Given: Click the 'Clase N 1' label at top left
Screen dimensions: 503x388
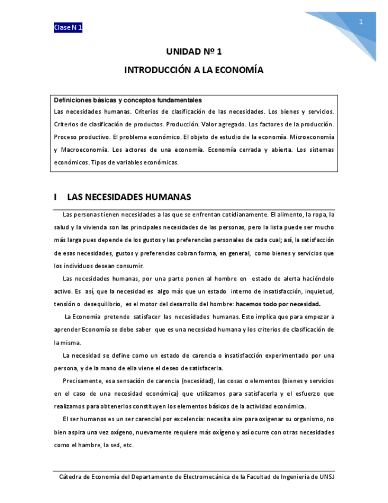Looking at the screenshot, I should (68, 28).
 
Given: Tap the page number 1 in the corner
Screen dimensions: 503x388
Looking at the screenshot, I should (360, 22).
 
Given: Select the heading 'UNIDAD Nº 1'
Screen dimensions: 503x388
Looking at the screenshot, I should (194, 52).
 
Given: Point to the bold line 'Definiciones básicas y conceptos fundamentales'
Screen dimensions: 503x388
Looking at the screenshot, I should (128, 100).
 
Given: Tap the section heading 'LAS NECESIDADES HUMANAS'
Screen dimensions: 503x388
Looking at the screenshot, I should (129, 196).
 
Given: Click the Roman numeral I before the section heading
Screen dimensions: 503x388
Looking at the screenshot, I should (55, 196).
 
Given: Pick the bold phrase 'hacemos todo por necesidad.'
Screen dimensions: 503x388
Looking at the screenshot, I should (278, 304).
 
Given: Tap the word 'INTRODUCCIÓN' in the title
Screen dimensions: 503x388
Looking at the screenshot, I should (158, 70).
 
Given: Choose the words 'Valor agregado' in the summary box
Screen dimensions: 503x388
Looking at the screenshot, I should (222, 124).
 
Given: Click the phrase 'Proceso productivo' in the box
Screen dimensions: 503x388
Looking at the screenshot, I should (81, 136).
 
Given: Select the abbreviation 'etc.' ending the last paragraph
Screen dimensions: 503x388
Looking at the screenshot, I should (127, 444).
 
